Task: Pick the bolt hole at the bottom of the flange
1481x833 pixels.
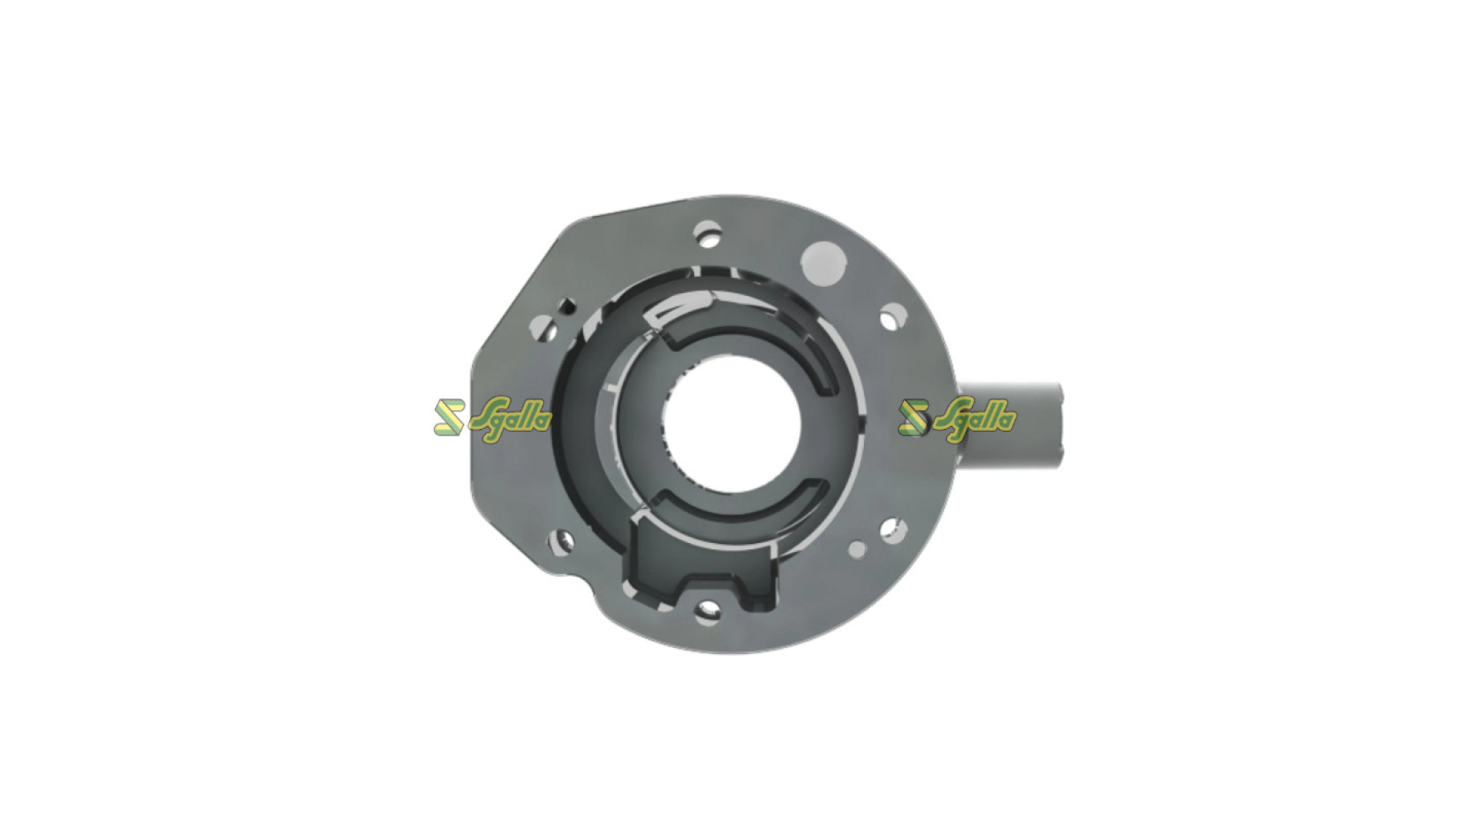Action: (x=707, y=611)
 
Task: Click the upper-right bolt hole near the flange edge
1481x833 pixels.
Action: (x=892, y=316)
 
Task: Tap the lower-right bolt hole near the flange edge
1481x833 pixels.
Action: (x=889, y=529)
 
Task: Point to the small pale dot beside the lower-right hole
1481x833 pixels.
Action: (x=857, y=549)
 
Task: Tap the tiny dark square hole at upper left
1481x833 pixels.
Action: (x=567, y=305)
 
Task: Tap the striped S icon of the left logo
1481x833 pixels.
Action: (x=449, y=417)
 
